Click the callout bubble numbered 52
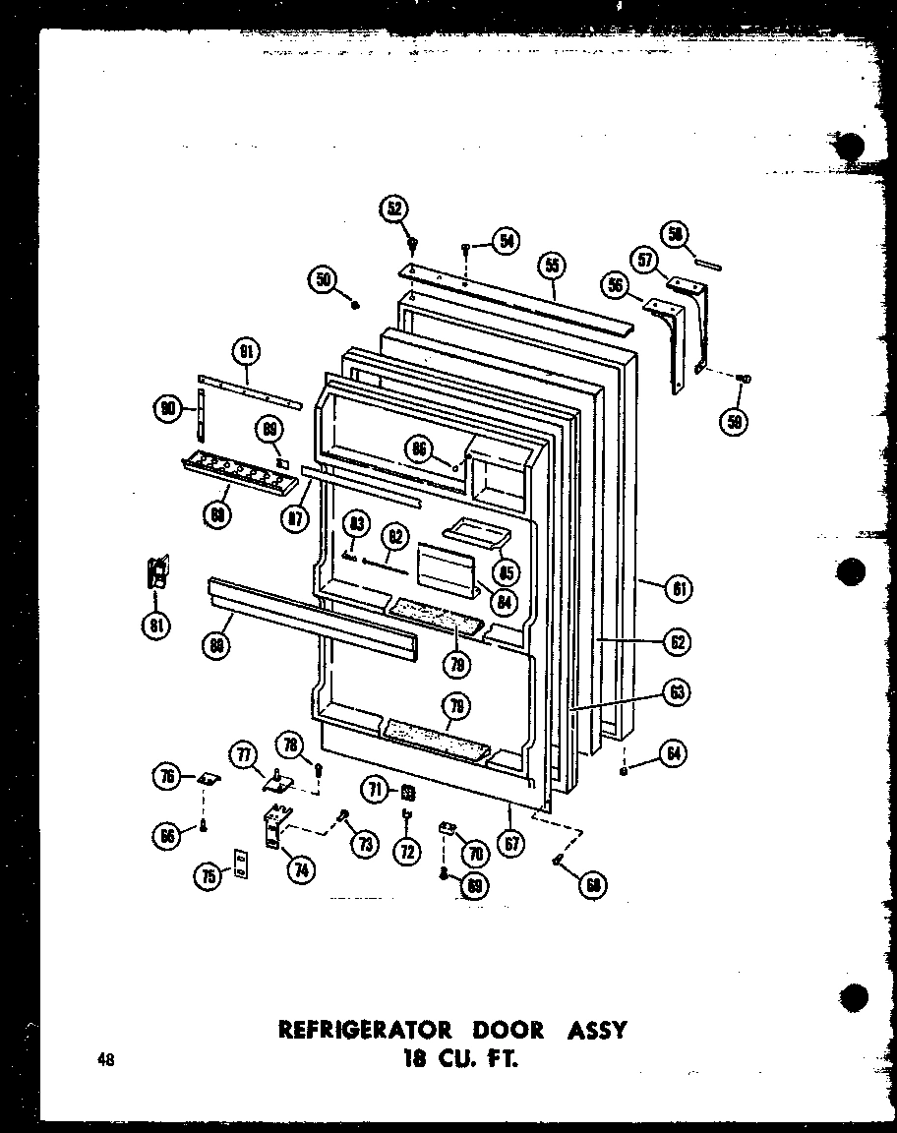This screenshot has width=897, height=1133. [395, 209]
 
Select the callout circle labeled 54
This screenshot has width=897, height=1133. [506, 241]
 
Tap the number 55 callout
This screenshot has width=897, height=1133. [553, 265]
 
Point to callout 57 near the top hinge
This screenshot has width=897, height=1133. [645, 261]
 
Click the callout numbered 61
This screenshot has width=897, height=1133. [679, 589]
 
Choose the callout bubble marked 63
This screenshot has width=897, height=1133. [678, 692]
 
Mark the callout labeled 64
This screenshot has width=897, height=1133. [673, 755]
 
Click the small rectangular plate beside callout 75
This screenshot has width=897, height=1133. [239, 864]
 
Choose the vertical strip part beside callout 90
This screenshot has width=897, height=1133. [202, 413]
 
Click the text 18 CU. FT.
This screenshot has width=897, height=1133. [451, 1060]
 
